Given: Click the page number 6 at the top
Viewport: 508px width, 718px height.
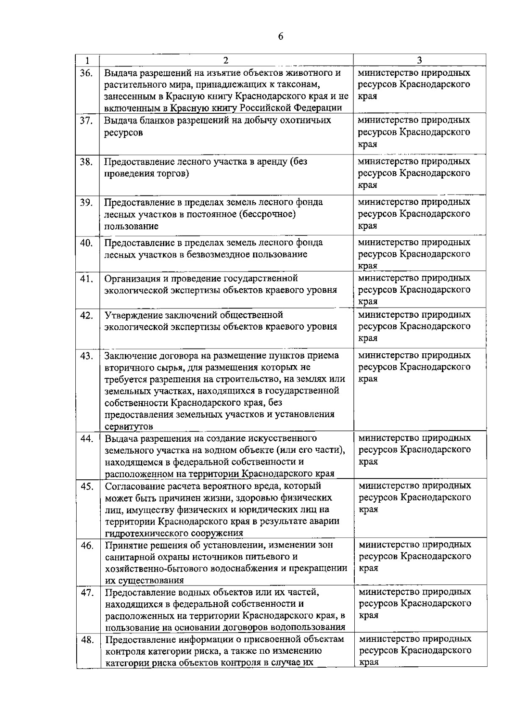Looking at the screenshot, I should (x=281, y=36).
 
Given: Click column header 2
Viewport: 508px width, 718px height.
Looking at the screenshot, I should (x=226, y=60).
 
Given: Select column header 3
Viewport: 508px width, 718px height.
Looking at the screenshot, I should (x=419, y=60).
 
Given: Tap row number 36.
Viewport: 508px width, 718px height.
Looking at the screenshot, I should (x=86, y=73).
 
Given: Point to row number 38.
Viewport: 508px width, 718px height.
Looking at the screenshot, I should (x=86, y=162).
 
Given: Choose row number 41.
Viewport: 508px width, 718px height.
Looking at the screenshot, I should (x=86, y=279).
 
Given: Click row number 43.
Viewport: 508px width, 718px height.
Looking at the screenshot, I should (x=86, y=356).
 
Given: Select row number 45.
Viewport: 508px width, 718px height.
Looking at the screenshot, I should (x=86, y=487).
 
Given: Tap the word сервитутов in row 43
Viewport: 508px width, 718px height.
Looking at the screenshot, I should (x=129, y=426).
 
